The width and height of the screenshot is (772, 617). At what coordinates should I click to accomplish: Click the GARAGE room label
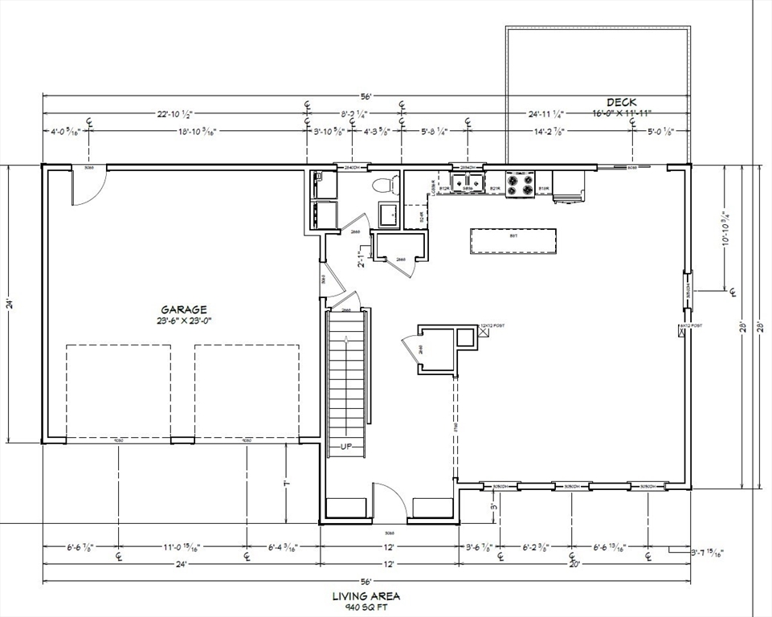click(x=184, y=309)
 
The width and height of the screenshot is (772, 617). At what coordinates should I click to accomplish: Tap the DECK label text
click(x=621, y=102)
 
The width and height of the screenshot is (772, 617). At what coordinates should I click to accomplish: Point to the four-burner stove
click(x=521, y=183)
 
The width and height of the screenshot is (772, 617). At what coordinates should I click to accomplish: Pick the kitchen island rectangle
click(x=513, y=240)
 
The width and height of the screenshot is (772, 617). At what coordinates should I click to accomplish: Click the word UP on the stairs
click(x=347, y=446)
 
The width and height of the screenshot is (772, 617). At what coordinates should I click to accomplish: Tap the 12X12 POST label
click(x=492, y=325)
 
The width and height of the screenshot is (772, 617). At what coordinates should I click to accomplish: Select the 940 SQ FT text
click(x=366, y=607)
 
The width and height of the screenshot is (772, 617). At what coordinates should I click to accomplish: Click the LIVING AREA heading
click(x=366, y=596)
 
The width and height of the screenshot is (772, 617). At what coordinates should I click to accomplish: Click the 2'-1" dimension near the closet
click(x=361, y=259)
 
